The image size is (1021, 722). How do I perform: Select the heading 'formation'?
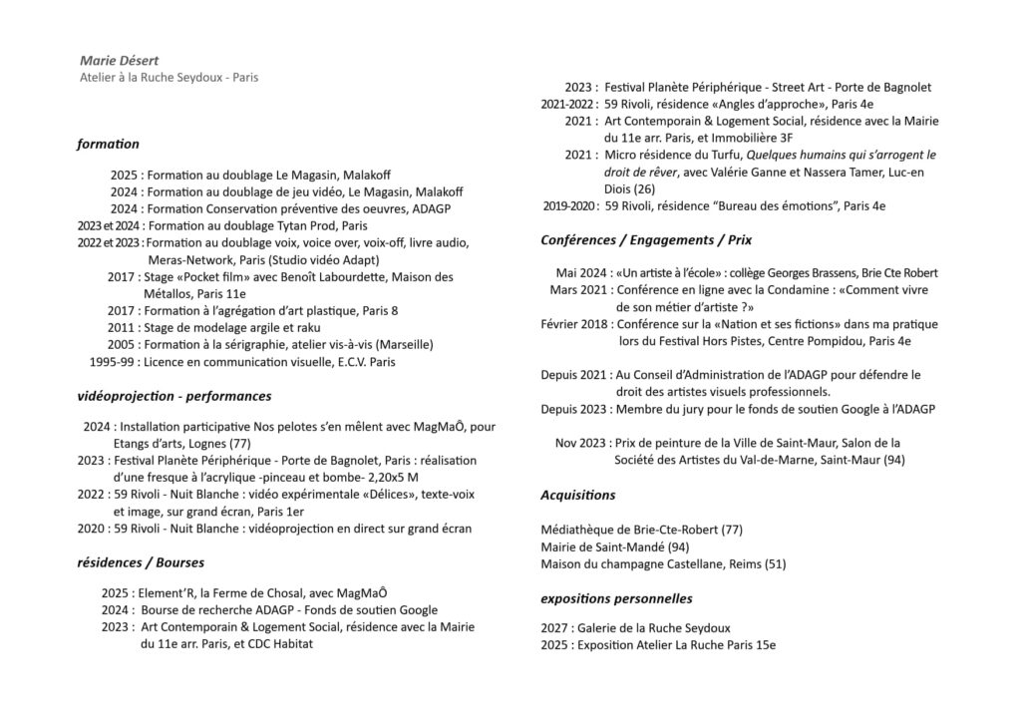(x=108, y=144)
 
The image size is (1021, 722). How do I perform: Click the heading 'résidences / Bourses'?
(x=138, y=562)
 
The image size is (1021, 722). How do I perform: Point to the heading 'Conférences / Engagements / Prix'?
(x=646, y=240)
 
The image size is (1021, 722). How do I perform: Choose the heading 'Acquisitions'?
(x=578, y=495)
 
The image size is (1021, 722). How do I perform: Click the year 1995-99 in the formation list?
(x=113, y=362)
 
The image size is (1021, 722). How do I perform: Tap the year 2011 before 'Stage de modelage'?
(x=122, y=327)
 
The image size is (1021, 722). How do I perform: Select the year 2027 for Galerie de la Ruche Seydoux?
(x=554, y=628)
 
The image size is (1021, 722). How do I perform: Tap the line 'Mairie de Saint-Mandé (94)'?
(x=614, y=546)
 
